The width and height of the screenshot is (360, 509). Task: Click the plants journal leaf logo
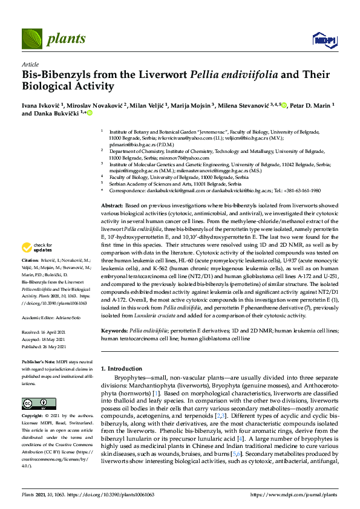(31, 39)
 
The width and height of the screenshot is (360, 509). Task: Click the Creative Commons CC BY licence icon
(34, 403)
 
